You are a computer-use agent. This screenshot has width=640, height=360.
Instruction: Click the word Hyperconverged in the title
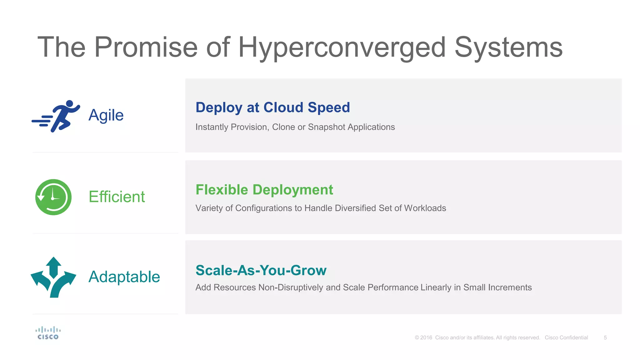[342, 47]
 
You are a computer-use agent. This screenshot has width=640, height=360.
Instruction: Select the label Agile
[106, 115]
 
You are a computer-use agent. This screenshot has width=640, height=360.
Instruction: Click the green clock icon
[53, 197]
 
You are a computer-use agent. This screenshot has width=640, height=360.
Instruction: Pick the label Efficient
[117, 197]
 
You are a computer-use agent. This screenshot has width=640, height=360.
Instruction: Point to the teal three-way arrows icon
[53, 277]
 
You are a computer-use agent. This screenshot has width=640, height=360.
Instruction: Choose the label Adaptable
[124, 277]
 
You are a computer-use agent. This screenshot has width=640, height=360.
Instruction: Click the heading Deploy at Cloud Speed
[272, 107]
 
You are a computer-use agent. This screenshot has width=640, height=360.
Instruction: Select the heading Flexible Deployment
[264, 190]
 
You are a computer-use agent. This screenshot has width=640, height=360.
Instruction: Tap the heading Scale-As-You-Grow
[261, 270]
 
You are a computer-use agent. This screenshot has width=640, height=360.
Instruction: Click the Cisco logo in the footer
[48, 333]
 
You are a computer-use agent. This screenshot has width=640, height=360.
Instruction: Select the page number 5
[605, 338]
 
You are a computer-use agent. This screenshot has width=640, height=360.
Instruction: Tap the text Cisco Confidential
[566, 338]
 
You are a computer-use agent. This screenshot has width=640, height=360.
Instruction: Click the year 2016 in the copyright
[426, 338]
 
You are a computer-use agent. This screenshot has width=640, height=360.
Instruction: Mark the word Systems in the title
[508, 47]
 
